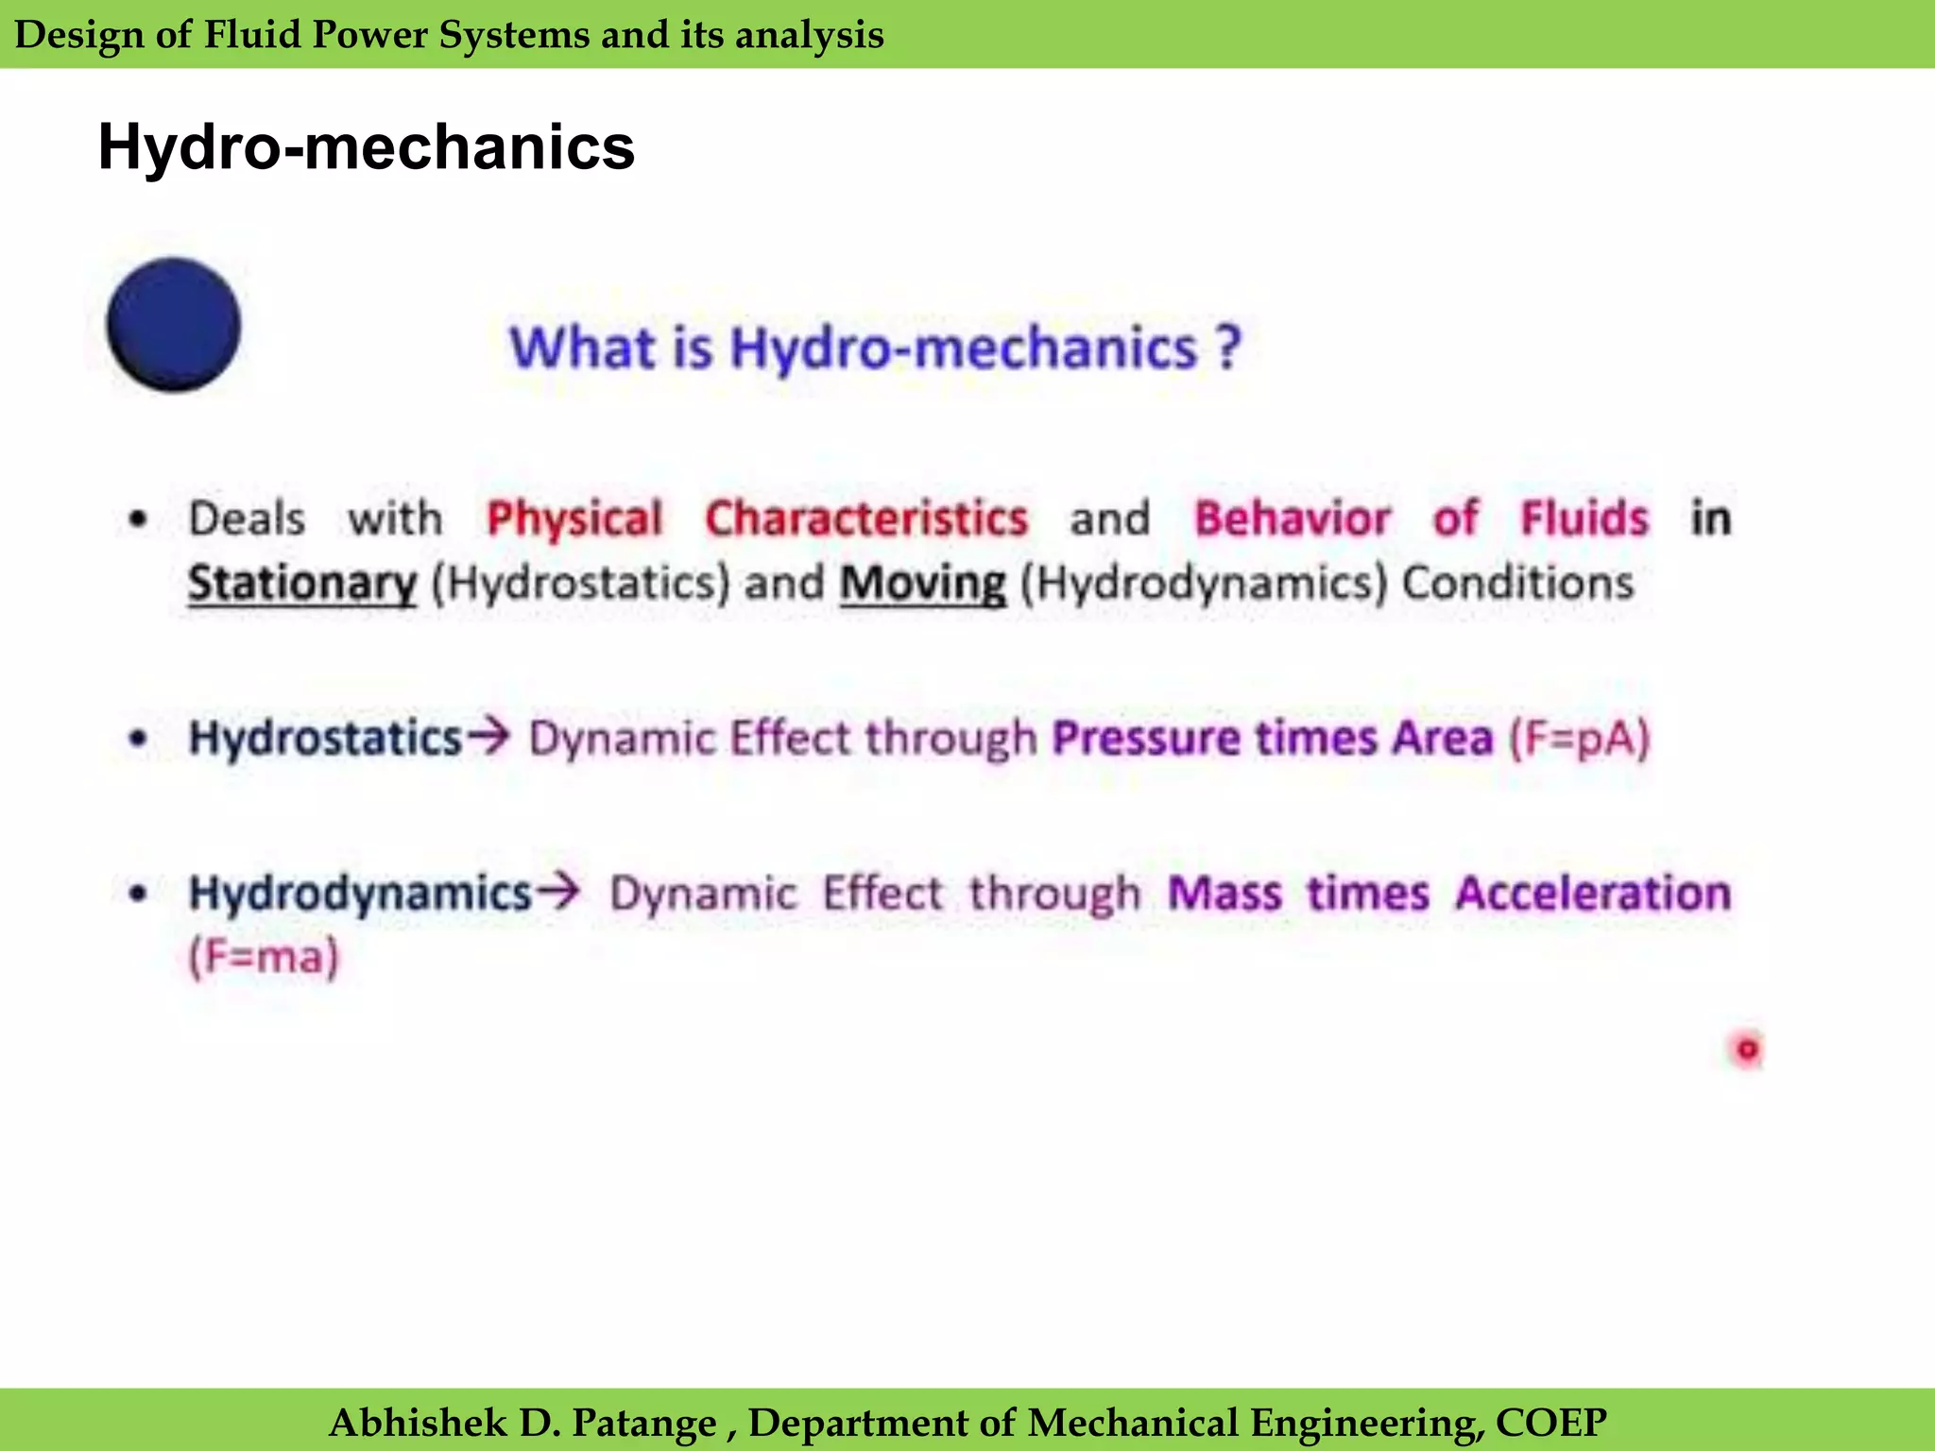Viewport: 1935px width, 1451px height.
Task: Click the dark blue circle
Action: pos(174,324)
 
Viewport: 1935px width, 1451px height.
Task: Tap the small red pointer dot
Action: pos(1747,1050)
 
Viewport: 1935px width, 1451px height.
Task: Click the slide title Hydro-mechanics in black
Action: pos(366,147)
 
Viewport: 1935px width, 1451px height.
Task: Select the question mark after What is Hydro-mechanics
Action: pos(1227,347)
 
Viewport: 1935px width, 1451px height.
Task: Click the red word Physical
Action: pos(574,519)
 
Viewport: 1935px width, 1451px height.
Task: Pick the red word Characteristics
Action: pos(866,519)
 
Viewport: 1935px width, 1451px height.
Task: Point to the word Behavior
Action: pos(1293,519)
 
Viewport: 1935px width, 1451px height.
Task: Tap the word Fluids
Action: pos(1584,519)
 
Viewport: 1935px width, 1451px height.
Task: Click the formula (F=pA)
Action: pos(1579,738)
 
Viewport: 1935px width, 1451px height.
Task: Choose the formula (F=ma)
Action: pos(264,958)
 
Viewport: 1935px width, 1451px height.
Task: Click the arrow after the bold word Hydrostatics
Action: pos(488,736)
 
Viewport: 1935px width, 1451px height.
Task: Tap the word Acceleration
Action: pos(1593,893)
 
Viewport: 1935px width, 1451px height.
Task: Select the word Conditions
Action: pos(1517,583)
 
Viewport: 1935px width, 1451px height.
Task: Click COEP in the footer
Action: pos(1550,1423)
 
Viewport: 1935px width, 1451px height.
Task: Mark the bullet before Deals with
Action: pos(139,519)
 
